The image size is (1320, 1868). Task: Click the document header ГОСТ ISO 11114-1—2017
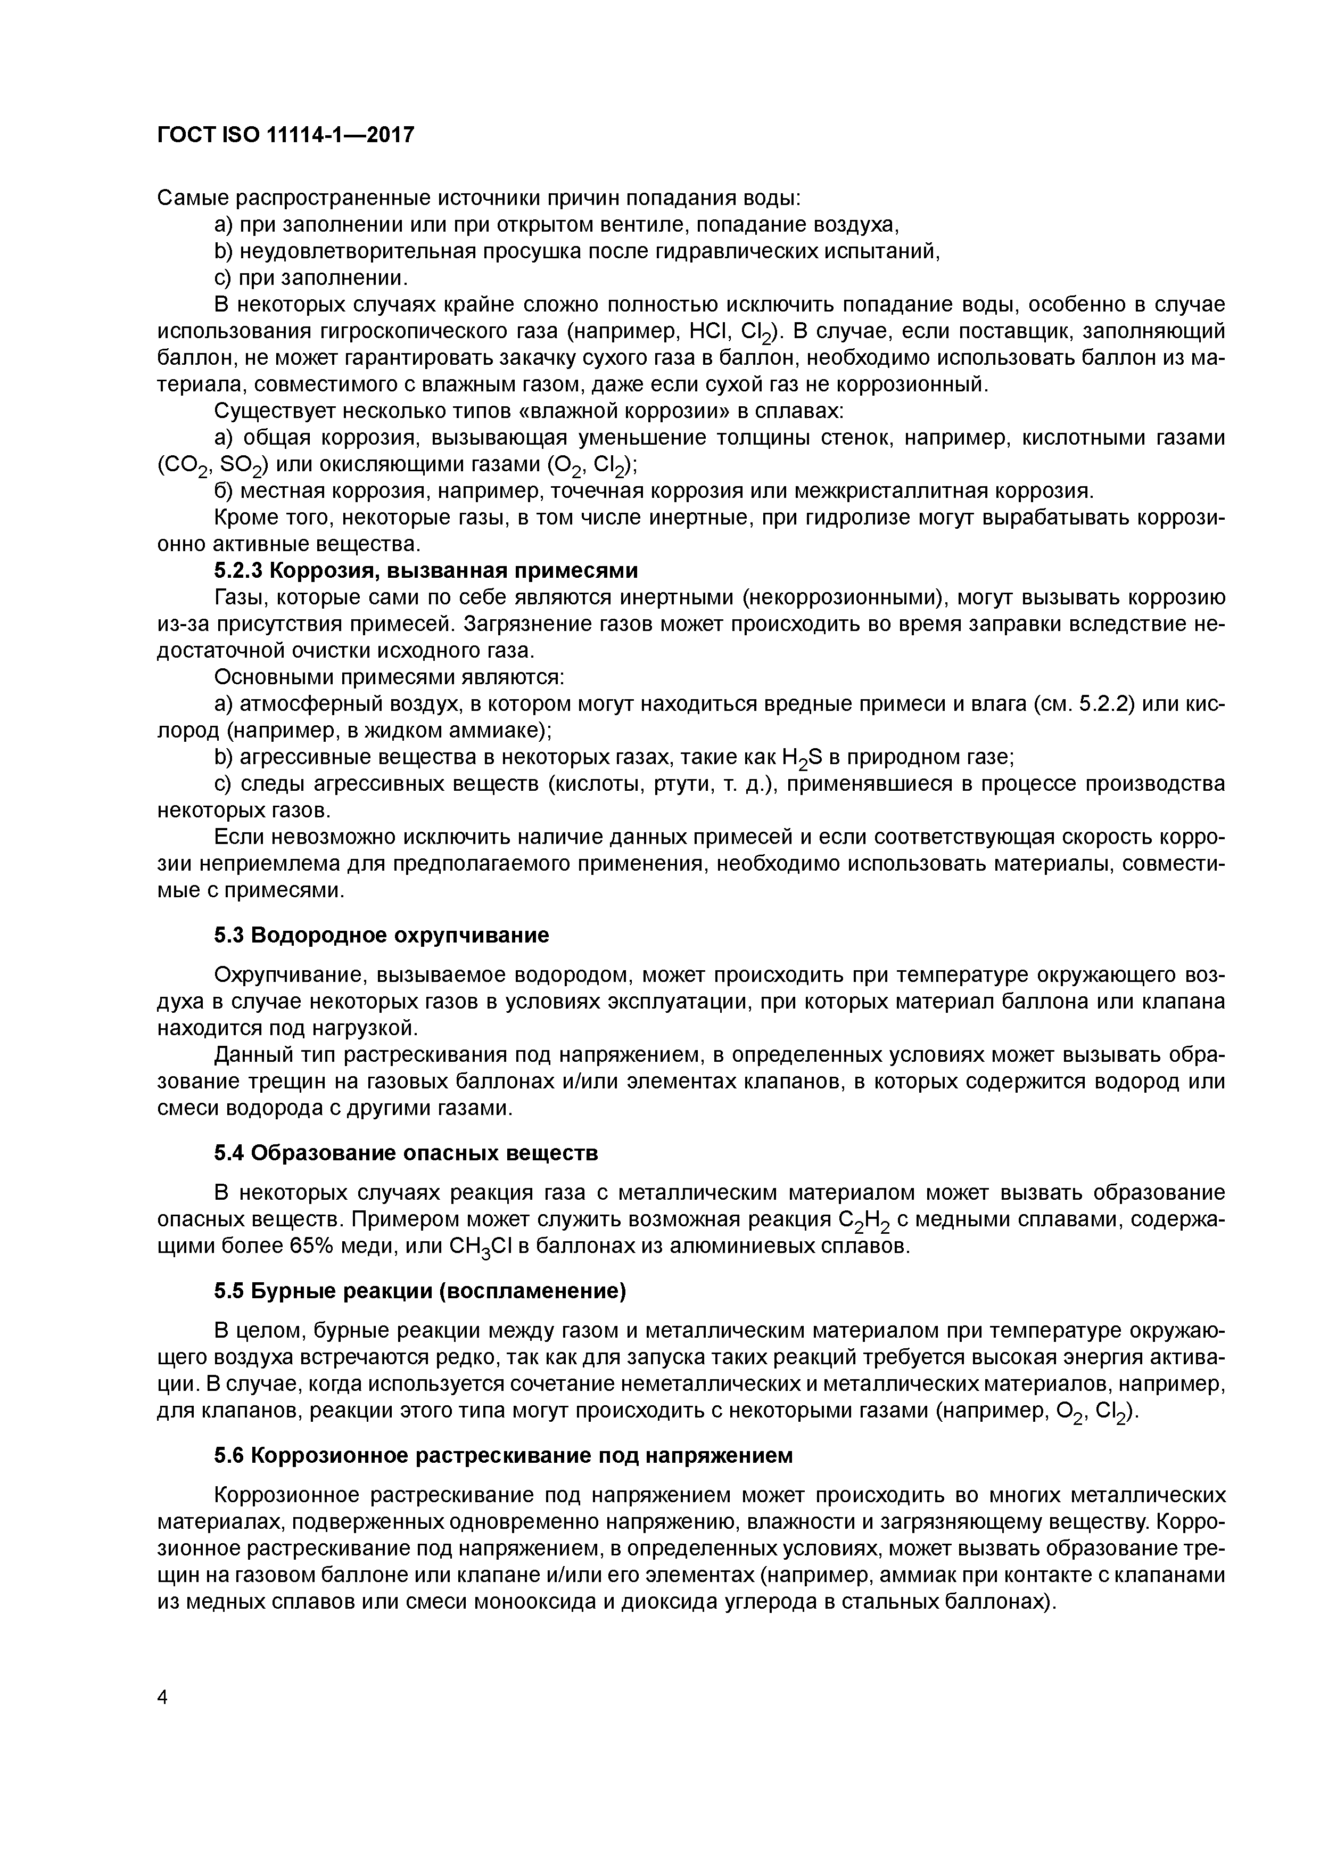tap(285, 134)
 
